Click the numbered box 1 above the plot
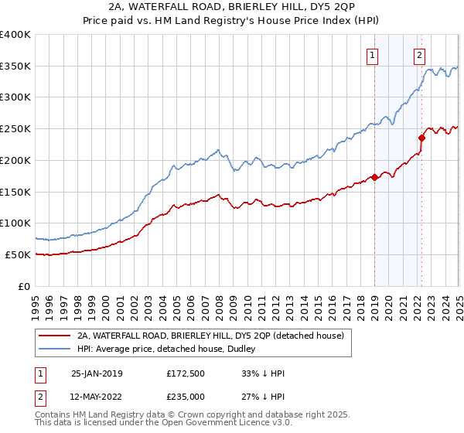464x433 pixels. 374,55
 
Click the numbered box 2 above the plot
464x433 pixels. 419,55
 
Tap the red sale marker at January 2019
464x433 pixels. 374,177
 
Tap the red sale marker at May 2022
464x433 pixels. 422,138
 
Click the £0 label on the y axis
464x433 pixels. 25,286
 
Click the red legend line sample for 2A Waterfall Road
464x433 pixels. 55,336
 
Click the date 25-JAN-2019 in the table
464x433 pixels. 97,373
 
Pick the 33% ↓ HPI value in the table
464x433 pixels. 264,373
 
